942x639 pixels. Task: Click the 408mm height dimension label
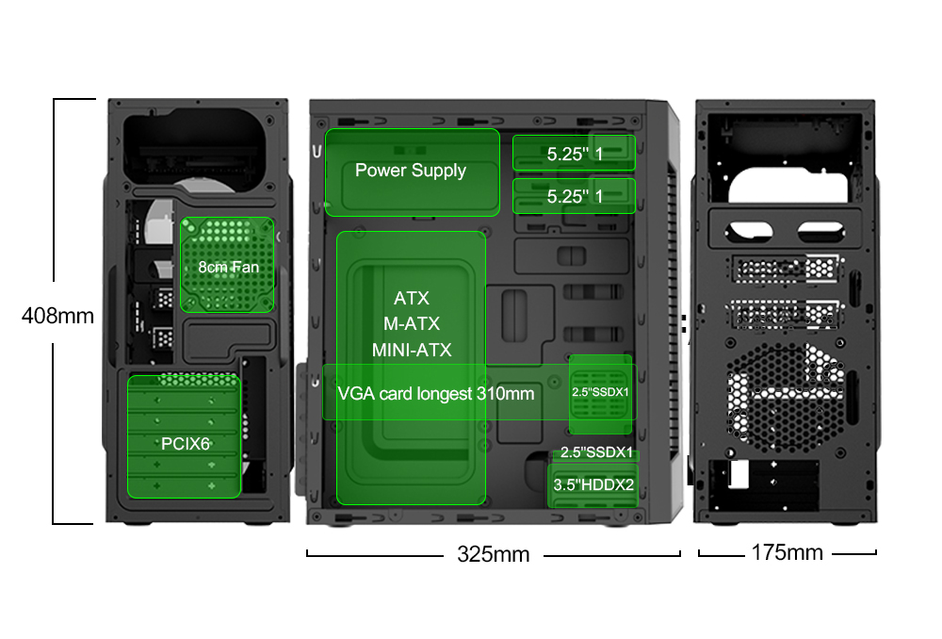click(x=57, y=316)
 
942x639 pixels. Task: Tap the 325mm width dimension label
click(x=493, y=554)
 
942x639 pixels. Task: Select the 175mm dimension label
click(x=787, y=552)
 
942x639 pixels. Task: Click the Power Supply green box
click(x=412, y=172)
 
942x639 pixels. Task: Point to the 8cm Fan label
click(x=228, y=267)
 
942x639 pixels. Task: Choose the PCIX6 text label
click(x=185, y=443)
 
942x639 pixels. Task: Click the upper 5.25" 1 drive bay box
click(x=575, y=154)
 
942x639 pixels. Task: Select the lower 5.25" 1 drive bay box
click(x=575, y=196)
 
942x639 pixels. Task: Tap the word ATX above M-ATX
click(x=412, y=299)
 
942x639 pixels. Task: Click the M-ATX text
click(x=412, y=324)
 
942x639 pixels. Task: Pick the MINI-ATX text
click(x=412, y=351)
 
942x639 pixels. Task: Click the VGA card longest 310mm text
click(x=435, y=393)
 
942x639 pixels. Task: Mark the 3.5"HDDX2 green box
click(x=593, y=484)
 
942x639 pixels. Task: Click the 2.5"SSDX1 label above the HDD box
click(x=596, y=452)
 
